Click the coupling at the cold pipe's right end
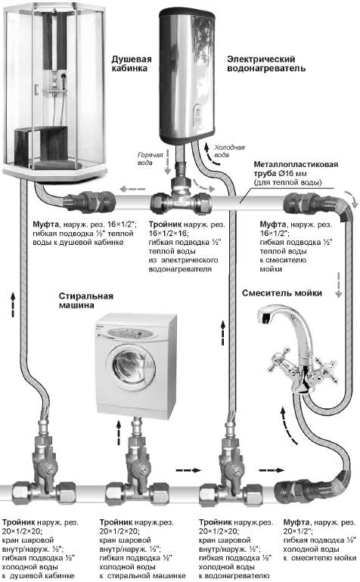click(x=291, y=491)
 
